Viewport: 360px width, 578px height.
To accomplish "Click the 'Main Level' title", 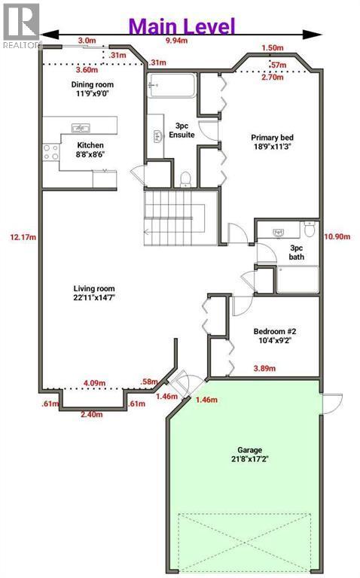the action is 182,26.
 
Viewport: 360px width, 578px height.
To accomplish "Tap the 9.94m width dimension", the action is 177,41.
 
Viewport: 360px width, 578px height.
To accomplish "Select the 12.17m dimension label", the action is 23,237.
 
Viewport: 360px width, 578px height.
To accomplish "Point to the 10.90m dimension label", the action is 337,236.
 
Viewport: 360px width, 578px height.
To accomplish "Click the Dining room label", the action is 92,89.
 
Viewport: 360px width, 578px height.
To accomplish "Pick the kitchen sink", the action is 81,128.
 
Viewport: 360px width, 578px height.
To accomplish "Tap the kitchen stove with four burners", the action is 51,152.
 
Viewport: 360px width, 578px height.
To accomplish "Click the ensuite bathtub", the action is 172,86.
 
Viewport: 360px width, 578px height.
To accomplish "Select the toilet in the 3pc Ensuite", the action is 185,179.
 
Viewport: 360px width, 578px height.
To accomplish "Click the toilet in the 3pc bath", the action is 310,229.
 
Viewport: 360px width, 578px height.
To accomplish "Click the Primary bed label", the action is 272,142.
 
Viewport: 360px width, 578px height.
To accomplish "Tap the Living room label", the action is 94,293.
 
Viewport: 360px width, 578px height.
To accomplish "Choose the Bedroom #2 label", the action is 275,336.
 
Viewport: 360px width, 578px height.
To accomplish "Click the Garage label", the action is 250,455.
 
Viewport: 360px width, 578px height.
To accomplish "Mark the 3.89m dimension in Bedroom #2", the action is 264,368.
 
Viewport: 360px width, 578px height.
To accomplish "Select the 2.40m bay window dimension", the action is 92,415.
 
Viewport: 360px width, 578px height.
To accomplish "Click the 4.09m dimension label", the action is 94,383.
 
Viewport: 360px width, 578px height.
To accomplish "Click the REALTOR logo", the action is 21,26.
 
